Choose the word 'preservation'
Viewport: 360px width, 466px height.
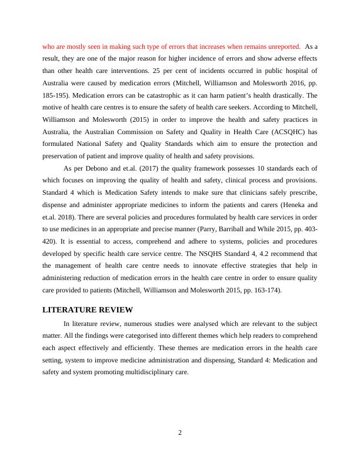click(63, 157)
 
